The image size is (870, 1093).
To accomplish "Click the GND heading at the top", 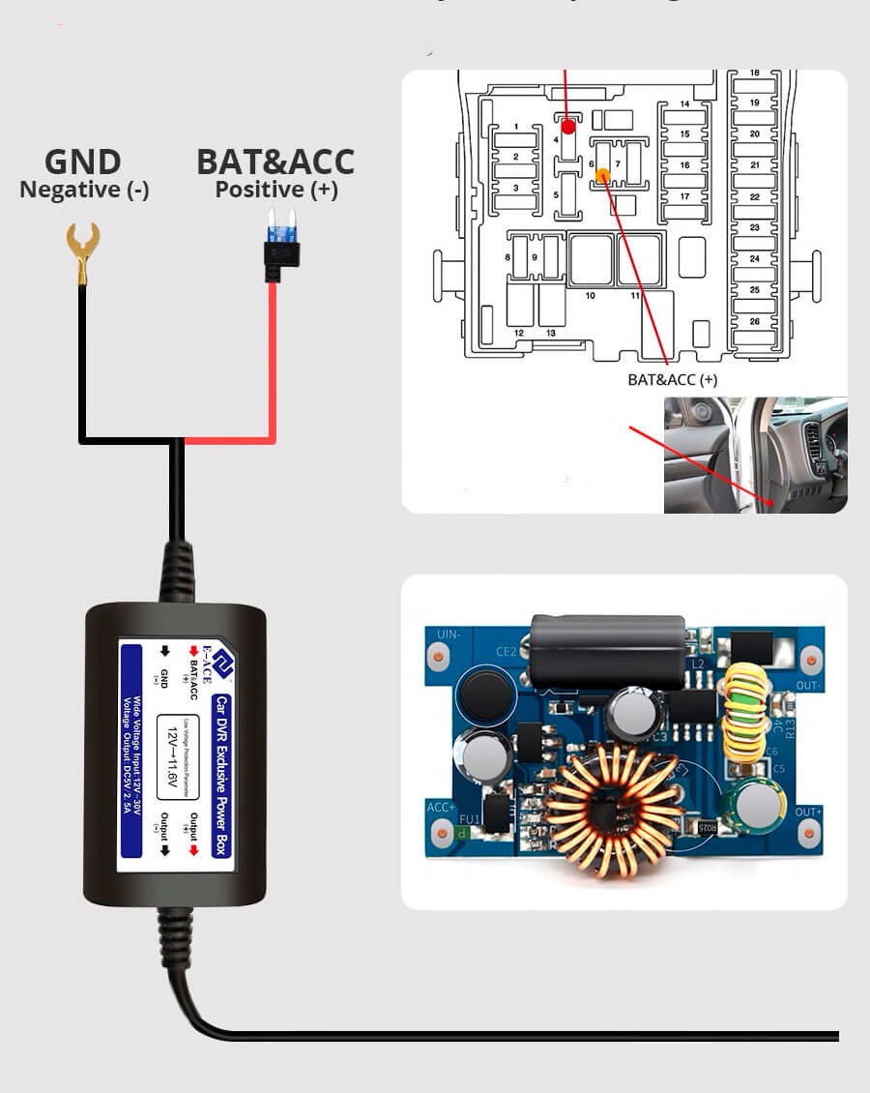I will click(x=83, y=162).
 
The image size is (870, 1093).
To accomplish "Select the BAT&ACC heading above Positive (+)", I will click(x=275, y=162).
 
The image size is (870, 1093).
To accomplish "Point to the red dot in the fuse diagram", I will click(x=568, y=126).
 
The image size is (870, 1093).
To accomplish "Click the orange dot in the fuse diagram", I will click(x=602, y=175).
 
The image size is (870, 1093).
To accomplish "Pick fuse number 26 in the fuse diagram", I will click(x=755, y=321).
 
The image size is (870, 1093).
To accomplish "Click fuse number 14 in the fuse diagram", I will click(x=684, y=104).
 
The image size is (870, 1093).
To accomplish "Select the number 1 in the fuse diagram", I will click(x=516, y=128).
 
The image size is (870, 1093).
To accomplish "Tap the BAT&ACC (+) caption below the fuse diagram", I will click(x=672, y=380).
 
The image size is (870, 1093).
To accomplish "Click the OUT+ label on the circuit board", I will click(x=808, y=812).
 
